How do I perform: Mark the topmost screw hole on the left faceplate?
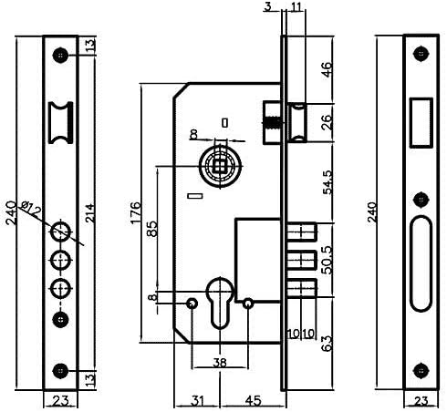[x=60, y=54]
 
